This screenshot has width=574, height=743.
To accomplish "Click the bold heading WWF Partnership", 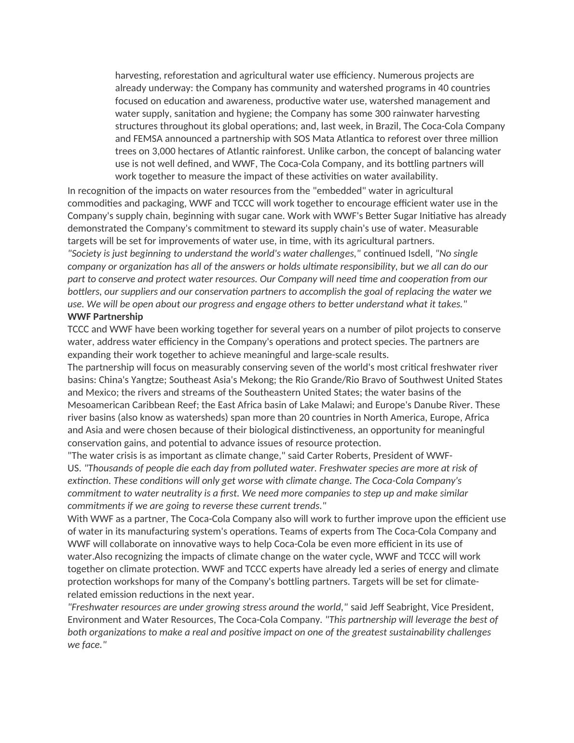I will [105, 316].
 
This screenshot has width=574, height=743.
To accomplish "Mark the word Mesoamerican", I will [98, 405].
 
